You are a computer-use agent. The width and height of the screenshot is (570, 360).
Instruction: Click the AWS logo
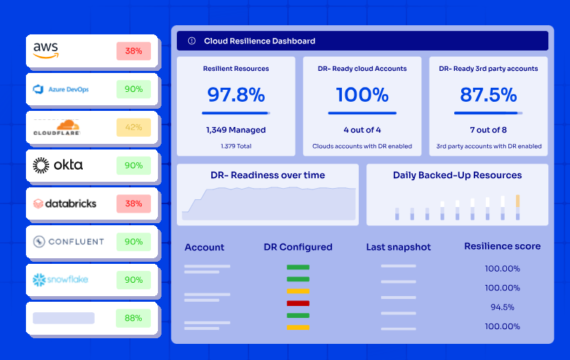pos(46,51)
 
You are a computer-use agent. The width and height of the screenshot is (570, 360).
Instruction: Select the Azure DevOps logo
pos(61,89)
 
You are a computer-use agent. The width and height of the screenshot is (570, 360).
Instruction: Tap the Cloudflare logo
pos(57,128)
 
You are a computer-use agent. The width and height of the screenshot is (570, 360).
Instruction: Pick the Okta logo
pos(58,166)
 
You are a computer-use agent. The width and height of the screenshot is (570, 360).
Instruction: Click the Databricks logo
pos(65,204)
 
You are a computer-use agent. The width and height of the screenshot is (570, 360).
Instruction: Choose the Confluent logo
pos(68,241)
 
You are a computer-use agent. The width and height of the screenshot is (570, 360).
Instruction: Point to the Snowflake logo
pos(60,280)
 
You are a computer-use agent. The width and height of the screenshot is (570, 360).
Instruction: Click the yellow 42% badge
pos(133,127)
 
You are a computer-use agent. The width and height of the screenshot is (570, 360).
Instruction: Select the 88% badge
pos(133,318)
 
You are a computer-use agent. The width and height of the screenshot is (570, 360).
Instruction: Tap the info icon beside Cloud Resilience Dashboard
pos(192,41)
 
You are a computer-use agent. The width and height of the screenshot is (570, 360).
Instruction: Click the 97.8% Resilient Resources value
pos(236,94)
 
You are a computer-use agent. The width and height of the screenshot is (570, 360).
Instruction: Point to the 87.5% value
pos(489,94)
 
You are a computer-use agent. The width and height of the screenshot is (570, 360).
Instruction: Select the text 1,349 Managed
pos(236,130)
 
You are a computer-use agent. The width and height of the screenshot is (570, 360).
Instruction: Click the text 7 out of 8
pos(489,130)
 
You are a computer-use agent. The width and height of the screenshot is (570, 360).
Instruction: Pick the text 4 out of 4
pos(362,130)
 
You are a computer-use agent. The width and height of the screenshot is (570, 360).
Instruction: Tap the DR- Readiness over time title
pos(267,175)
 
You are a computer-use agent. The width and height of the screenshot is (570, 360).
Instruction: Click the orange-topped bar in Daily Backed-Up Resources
pos(518,208)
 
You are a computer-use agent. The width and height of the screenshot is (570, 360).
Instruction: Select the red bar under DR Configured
pos(298,303)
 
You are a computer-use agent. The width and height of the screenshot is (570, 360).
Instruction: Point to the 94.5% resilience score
pos(502,307)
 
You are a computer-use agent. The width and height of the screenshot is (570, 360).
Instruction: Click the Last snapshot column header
pos(399,247)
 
